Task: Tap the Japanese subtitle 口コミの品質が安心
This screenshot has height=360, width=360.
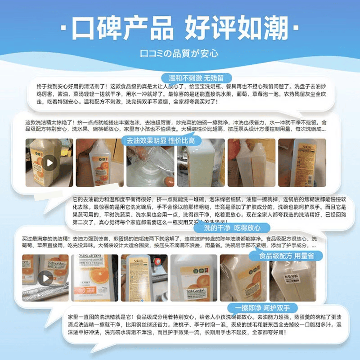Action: (x=180, y=53)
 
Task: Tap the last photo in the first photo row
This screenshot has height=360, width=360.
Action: (x=296, y=162)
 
